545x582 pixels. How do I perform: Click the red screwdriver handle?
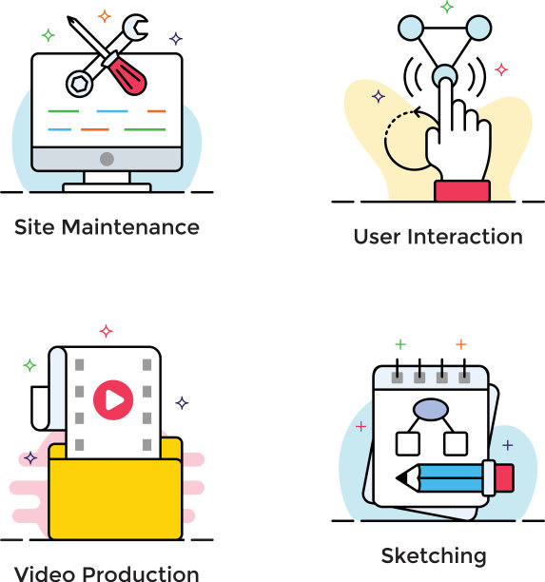pyautogui.click(x=127, y=76)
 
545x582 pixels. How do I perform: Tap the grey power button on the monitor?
pyautogui.click(x=107, y=159)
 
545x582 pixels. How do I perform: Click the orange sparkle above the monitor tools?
pyautogui.click(x=105, y=16)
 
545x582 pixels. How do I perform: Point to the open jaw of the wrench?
pyautogui.click(x=136, y=27)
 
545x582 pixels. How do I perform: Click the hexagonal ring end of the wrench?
pyautogui.click(x=80, y=84)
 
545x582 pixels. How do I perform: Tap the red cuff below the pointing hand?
pyautogui.click(x=462, y=191)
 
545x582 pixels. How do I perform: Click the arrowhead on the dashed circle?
pyautogui.click(x=418, y=111)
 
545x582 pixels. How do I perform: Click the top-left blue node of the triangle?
pyautogui.click(x=411, y=28)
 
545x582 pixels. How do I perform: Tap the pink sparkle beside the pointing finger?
pyautogui.click(x=501, y=69)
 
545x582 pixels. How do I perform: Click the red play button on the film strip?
pyautogui.click(x=113, y=399)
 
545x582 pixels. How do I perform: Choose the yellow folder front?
pyautogui.click(x=115, y=499)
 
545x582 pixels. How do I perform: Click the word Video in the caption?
pyautogui.click(x=45, y=573)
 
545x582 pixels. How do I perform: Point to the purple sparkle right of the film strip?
pyautogui.click(x=182, y=402)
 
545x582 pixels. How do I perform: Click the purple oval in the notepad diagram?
pyautogui.click(x=431, y=410)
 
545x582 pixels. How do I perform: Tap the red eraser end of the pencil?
pyautogui.click(x=504, y=477)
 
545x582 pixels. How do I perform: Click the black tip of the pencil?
pyautogui.click(x=401, y=477)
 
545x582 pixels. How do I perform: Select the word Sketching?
pyautogui.click(x=434, y=556)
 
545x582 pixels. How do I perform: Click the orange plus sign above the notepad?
pyautogui.click(x=461, y=344)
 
